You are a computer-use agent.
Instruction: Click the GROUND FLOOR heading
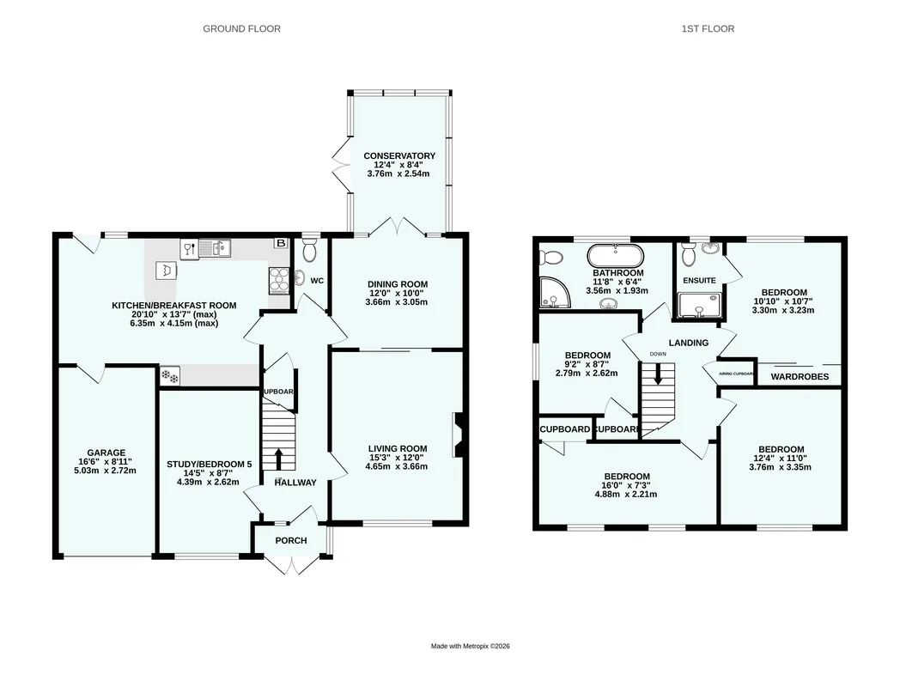point(241,28)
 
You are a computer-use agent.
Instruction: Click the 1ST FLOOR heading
point(708,28)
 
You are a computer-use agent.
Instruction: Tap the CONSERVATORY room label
point(399,155)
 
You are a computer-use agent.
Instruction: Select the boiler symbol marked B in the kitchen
point(281,243)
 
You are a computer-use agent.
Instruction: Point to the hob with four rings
point(279,281)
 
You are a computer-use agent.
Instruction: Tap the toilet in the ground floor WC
point(309,250)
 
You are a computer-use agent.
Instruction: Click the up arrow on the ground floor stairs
point(278,459)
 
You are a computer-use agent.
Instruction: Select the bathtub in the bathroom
point(615,255)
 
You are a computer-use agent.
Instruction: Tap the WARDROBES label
point(800,376)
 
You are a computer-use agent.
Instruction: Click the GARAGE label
point(106,453)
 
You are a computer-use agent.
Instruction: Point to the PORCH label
point(291,541)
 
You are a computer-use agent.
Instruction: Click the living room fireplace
point(459,435)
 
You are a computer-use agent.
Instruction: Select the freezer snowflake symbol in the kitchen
point(170,376)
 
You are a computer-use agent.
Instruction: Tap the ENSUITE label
point(699,280)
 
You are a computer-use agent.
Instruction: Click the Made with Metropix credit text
point(470,647)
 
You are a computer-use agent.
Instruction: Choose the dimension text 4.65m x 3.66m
point(397,466)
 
